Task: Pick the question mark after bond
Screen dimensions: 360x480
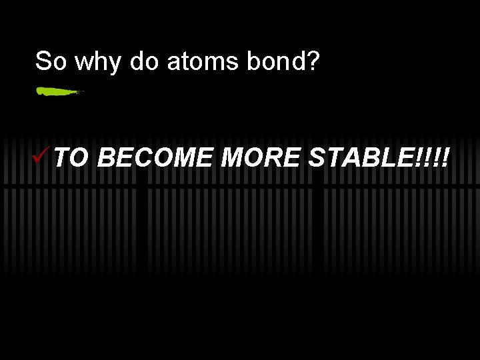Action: (x=313, y=61)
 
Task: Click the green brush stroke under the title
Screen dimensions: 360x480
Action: (x=58, y=91)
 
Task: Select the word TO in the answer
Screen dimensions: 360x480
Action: (x=71, y=159)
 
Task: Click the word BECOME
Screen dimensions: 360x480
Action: (x=157, y=159)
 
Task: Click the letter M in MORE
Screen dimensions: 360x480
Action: (x=233, y=159)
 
